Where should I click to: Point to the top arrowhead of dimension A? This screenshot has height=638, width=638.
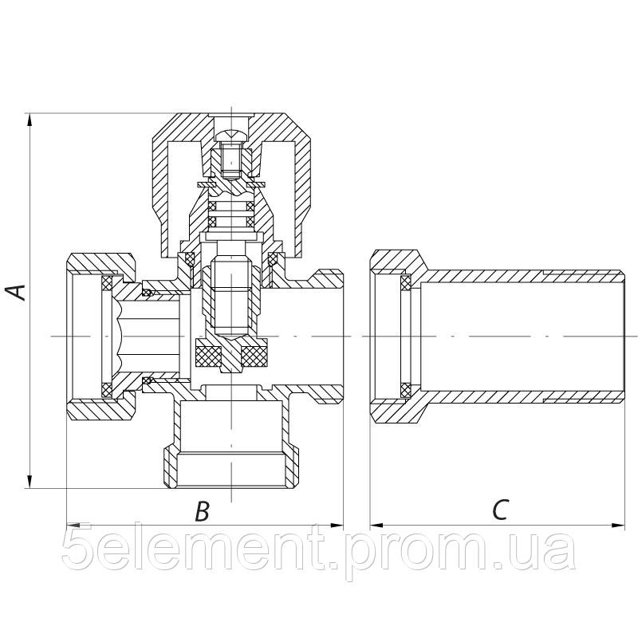[x=30, y=120]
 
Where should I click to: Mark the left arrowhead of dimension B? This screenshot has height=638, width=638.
[x=72, y=525]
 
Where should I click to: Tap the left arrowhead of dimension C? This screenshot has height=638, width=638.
[x=376, y=525]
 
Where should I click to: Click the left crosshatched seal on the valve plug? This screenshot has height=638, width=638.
[x=207, y=353]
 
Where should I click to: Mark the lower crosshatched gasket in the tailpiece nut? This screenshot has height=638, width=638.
[x=405, y=388]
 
